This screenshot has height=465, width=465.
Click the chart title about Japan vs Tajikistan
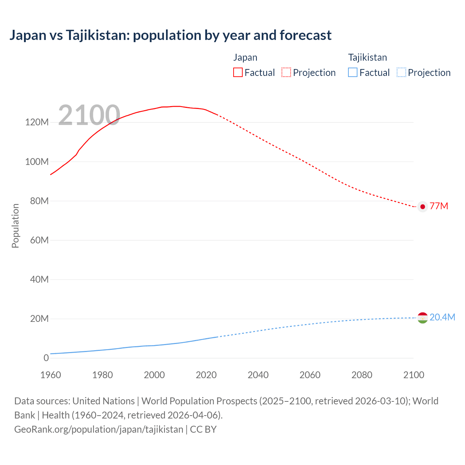(x=170, y=35)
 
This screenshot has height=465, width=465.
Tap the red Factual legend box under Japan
(x=238, y=72)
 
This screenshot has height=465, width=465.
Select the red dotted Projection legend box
(x=286, y=72)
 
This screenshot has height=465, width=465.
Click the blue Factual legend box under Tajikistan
(x=353, y=72)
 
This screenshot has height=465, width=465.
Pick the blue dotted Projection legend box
(x=401, y=72)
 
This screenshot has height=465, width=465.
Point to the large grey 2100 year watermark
(x=89, y=115)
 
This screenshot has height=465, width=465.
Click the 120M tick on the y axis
(x=37, y=122)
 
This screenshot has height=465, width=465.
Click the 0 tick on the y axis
(x=46, y=358)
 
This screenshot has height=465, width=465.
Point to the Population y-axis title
(x=15, y=226)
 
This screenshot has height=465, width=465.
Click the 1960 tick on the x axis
(x=50, y=375)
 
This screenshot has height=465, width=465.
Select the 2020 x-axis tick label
(x=206, y=375)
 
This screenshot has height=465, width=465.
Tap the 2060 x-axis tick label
(x=310, y=375)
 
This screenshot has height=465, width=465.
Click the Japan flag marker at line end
(x=422, y=206)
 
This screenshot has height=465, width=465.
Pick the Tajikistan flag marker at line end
(x=422, y=318)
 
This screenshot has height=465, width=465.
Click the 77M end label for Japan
(x=439, y=206)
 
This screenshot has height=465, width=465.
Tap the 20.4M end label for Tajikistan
(x=442, y=317)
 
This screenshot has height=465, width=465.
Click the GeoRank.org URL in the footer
(x=99, y=429)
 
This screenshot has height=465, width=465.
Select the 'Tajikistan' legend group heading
(x=367, y=57)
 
